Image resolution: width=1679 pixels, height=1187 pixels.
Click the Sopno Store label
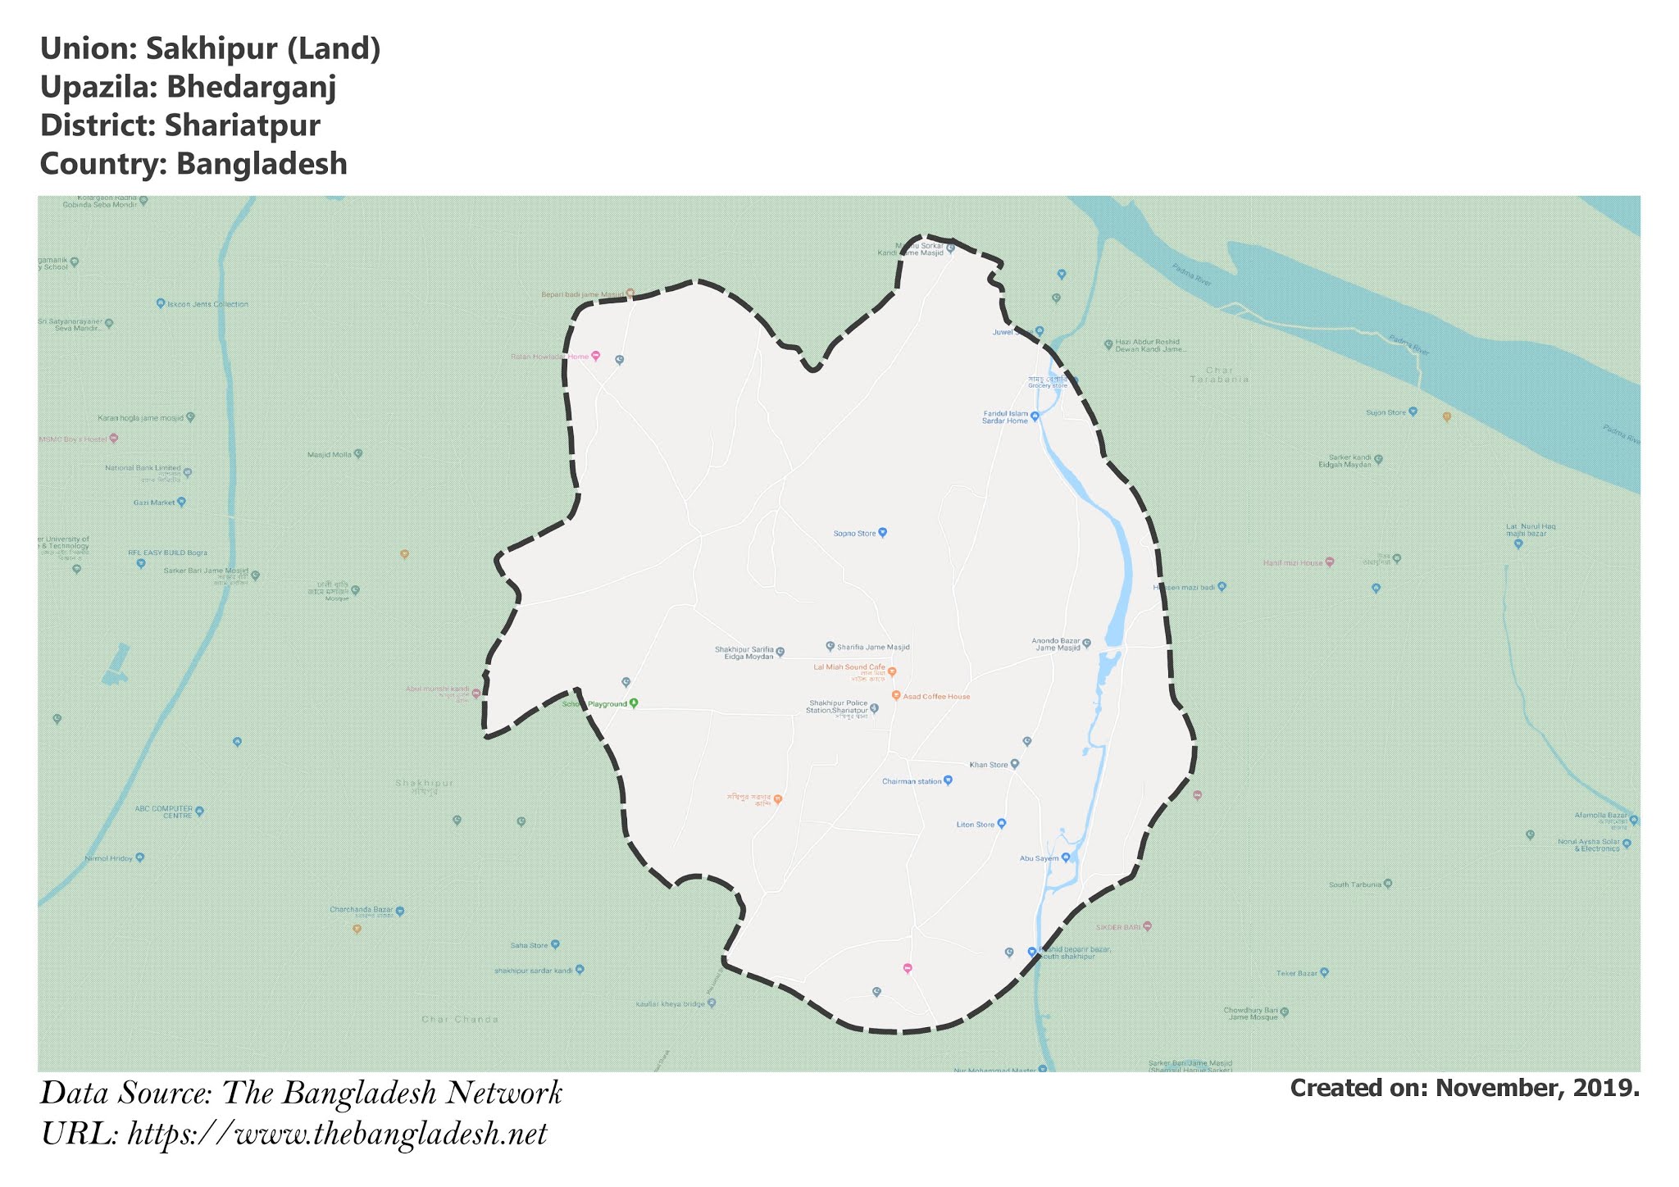855,534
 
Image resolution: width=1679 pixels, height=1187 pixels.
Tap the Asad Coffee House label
936,697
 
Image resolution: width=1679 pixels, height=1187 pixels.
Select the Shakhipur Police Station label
838,707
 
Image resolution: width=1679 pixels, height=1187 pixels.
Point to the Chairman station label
912,781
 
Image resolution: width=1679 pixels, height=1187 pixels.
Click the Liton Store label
976,825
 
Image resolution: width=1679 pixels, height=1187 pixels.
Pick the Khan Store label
989,765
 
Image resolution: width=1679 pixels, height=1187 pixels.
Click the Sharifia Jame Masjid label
873,647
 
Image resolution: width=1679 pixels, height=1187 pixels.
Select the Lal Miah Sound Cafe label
849,667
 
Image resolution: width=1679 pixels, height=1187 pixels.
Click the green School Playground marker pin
634,703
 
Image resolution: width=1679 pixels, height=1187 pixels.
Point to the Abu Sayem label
1039,858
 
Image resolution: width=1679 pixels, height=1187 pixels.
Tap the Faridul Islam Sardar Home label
1005,417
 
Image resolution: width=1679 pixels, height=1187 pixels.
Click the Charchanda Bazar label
362,910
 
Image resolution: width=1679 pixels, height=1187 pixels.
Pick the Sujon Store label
1386,412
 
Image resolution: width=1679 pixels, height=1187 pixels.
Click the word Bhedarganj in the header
251,87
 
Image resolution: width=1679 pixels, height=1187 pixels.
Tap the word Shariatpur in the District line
242,125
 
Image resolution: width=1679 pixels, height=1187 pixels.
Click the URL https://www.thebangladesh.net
337,1135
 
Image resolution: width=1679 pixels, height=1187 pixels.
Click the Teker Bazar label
1296,973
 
